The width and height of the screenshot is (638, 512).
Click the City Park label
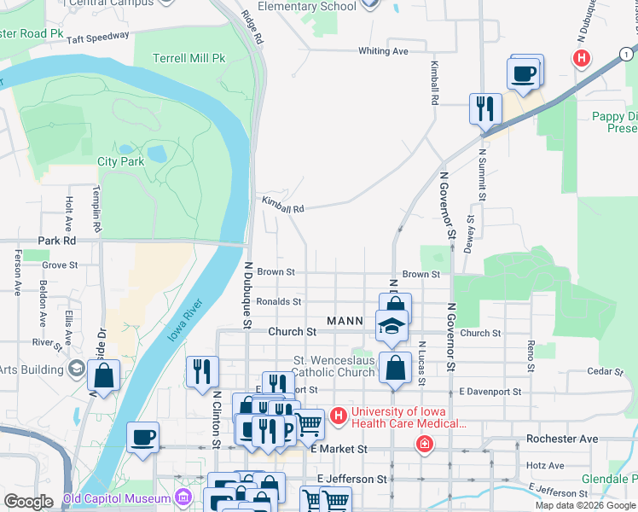click(x=120, y=161)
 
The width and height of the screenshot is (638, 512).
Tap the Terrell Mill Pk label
click(x=188, y=59)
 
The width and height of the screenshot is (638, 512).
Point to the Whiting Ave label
click(x=383, y=51)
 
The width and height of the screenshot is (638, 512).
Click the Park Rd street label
click(x=56, y=241)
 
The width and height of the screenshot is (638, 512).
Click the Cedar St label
click(x=606, y=371)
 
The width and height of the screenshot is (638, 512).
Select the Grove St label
click(x=60, y=265)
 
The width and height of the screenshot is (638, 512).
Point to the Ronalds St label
click(x=279, y=301)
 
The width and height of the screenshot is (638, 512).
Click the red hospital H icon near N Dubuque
click(x=582, y=59)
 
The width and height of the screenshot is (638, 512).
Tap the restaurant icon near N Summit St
click(x=485, y=108)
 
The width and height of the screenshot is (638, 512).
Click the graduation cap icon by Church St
click(x=392, y=326)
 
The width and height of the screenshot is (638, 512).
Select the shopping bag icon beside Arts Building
click(x=103, y=375)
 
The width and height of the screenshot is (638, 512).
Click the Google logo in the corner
click(x=27, y=502)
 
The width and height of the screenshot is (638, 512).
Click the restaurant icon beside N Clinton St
click(x=202, y=371)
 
